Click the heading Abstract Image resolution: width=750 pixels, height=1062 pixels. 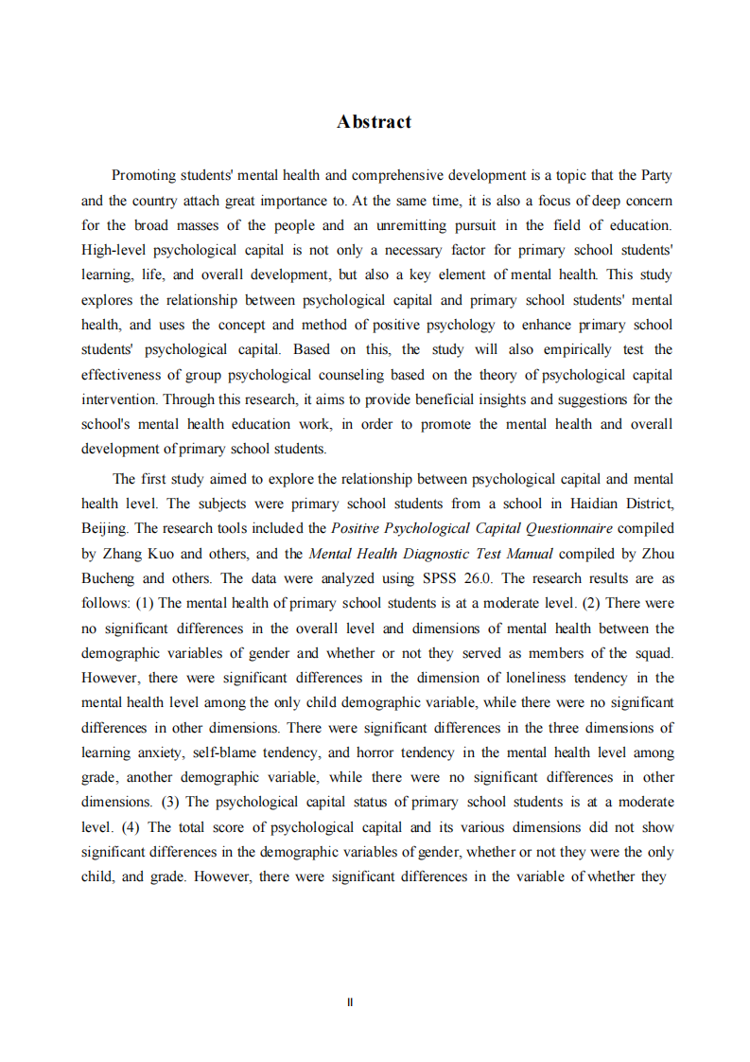(x=374, y=122)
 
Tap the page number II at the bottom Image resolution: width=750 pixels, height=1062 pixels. (x=350, y=1002)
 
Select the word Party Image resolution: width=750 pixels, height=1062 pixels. (x=656, y=175)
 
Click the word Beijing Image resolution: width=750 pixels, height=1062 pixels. (x=103, y=528)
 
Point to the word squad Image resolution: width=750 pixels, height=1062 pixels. (x=653, y=653)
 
